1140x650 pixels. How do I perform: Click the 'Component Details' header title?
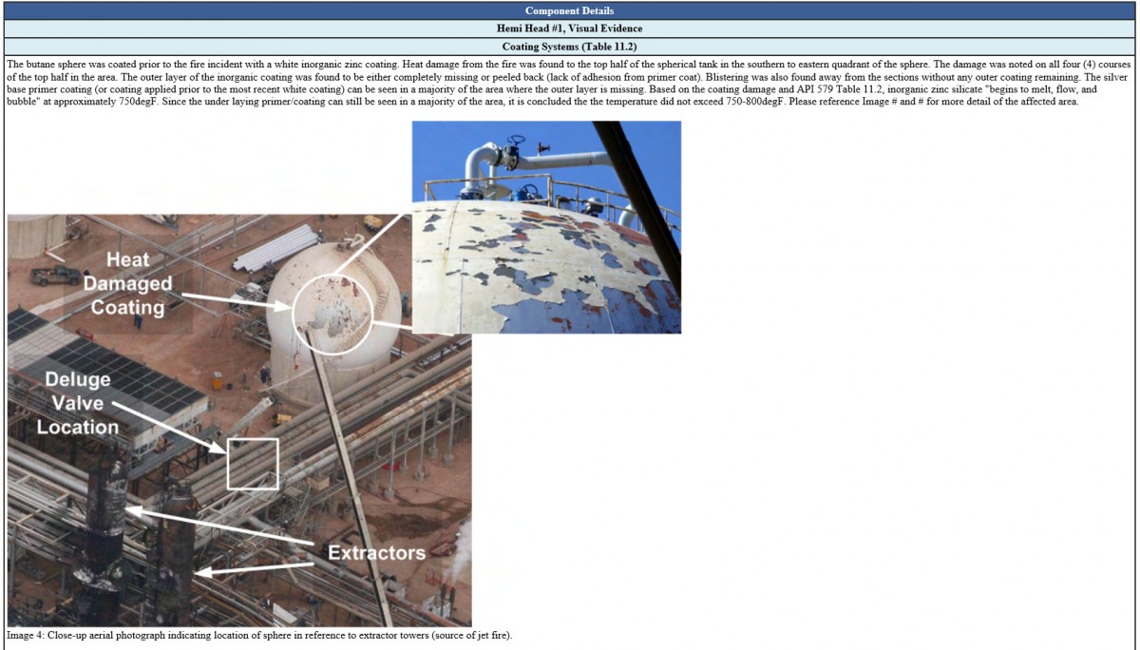(x=570, y=10)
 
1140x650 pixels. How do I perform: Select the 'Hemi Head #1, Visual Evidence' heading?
(x=570, y=29)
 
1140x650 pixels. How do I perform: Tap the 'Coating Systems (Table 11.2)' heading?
(x=570, y=46)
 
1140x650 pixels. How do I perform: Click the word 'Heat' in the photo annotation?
(x=127, y=259)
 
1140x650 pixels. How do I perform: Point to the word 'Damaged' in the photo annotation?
(x=127, y=283)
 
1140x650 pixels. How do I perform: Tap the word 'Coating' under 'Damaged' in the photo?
(x=127, y=307)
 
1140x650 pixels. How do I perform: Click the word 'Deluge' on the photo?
(x=78, y=380)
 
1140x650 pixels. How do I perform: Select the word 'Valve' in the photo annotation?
(x=78, y=403)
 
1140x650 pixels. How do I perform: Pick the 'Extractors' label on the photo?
(x=376, y=551)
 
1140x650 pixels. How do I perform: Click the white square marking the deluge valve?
(x=253, y=464)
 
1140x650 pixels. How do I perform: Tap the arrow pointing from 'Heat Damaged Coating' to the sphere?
(x=236, y=301)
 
